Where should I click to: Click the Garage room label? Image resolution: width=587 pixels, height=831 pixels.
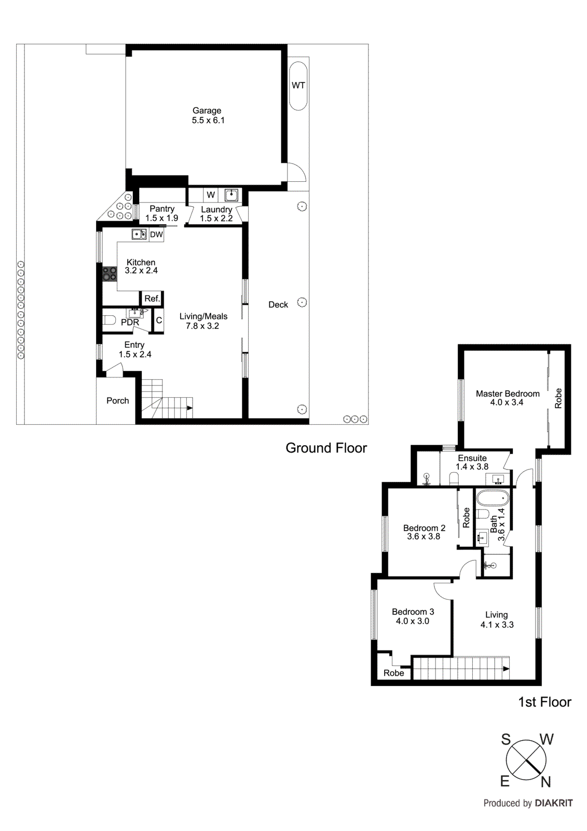click(207, 111)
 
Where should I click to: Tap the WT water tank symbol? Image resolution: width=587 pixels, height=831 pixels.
click(298, 86)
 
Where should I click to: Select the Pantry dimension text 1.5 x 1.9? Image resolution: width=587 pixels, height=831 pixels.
click(161, 218)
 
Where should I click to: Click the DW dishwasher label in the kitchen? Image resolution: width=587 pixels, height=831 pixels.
click(156, 235)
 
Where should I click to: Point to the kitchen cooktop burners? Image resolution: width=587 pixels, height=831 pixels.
click(110, 274)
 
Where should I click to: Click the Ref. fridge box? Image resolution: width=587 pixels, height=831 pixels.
click(152, 299)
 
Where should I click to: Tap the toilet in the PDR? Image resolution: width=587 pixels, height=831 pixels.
click(108, 319)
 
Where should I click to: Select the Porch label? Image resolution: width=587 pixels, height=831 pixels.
click(118, 401)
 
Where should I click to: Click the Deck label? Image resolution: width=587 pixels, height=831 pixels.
click(278, 305)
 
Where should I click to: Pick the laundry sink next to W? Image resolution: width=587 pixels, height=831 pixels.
click(231, 195)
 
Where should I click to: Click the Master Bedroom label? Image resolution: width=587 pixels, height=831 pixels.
click(508, 394)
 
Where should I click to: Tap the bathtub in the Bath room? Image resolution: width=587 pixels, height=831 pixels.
click(493, 499)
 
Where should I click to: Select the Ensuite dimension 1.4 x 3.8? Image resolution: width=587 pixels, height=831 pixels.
click(472, 467)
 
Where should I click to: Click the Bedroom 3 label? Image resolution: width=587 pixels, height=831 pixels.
click(413, 612)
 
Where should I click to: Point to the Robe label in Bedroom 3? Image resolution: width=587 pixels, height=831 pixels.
click(393, 673)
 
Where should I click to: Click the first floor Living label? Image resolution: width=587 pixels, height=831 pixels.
click(497, 615)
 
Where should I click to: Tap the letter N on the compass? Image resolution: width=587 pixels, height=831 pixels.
click(545, 782)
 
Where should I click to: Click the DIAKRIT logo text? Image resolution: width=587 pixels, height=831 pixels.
click(554, 803)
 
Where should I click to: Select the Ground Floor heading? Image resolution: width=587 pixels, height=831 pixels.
click(326, 448)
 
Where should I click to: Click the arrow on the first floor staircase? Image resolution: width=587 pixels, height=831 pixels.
click(506, 669)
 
